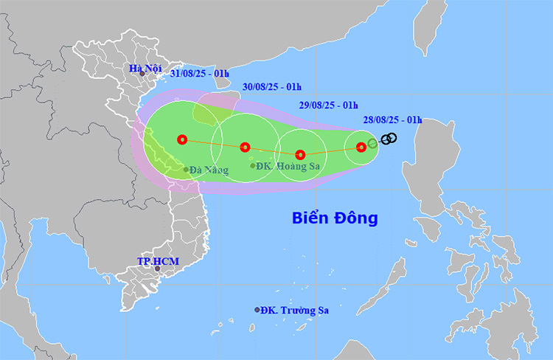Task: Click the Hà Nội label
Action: [x=145, y=69]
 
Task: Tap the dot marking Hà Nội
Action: [x=142, y=74]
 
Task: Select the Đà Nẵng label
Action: [x=209, y=170]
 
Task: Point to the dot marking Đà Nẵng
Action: [x=186, y=170]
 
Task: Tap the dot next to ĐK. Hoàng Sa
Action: [x=253, y=166]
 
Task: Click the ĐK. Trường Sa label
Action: [x=295, y=311]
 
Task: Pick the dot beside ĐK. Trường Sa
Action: [x=257, y=310]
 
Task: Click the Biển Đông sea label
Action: [x=335, y=218]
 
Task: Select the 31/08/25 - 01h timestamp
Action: [x=200, y=73]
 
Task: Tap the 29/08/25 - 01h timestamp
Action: [x=328, y=105]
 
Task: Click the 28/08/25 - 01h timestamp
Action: [x=392, y=120]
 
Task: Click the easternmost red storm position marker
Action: [x=361, y=147]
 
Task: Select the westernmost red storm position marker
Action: [x=182, y=139]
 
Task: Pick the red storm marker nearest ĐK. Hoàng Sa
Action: [x=246, y=147]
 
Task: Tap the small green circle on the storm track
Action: [x=372, y=143]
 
